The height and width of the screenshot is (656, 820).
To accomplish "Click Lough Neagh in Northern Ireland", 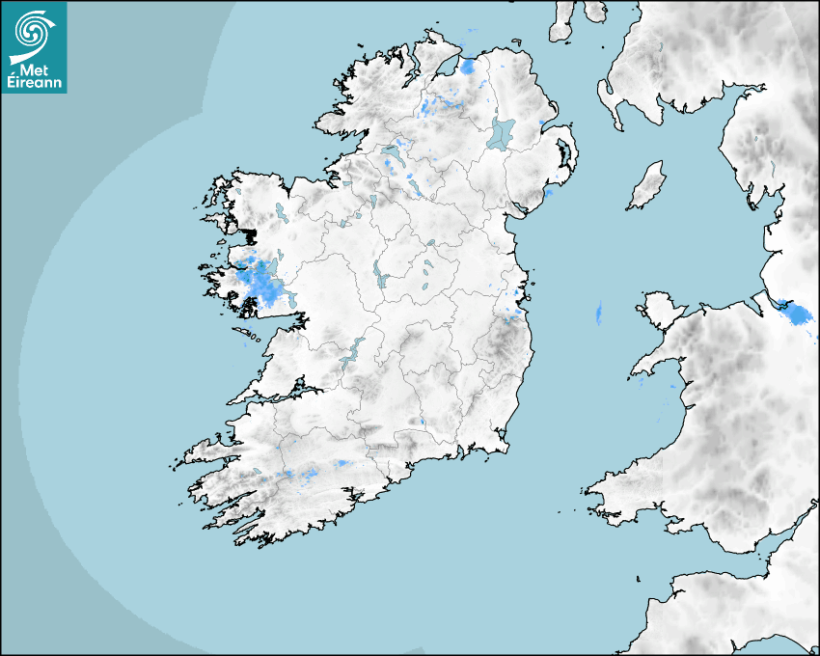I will pyautogui.click(x=502, y=132).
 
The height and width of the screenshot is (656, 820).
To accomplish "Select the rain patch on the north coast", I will pyautogui.click(x=469, y=66).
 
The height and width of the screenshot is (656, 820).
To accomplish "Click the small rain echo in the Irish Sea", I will pyautogui.click(x=598, y=313).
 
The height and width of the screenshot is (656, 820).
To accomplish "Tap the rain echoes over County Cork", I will pyautogui.click(x=309, y=473).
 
